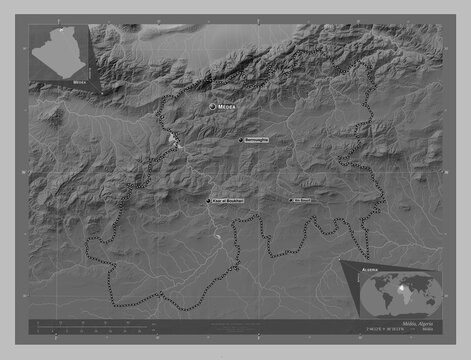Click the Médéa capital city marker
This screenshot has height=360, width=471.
pos(212,105)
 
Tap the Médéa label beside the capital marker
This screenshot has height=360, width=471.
pos(229,105)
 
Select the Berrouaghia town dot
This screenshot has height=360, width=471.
pos(240,140)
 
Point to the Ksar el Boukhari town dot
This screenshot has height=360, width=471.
pos(208,200)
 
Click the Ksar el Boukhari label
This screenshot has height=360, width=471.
pos(228,200)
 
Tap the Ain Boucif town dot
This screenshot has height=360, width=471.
pos(291,200)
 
